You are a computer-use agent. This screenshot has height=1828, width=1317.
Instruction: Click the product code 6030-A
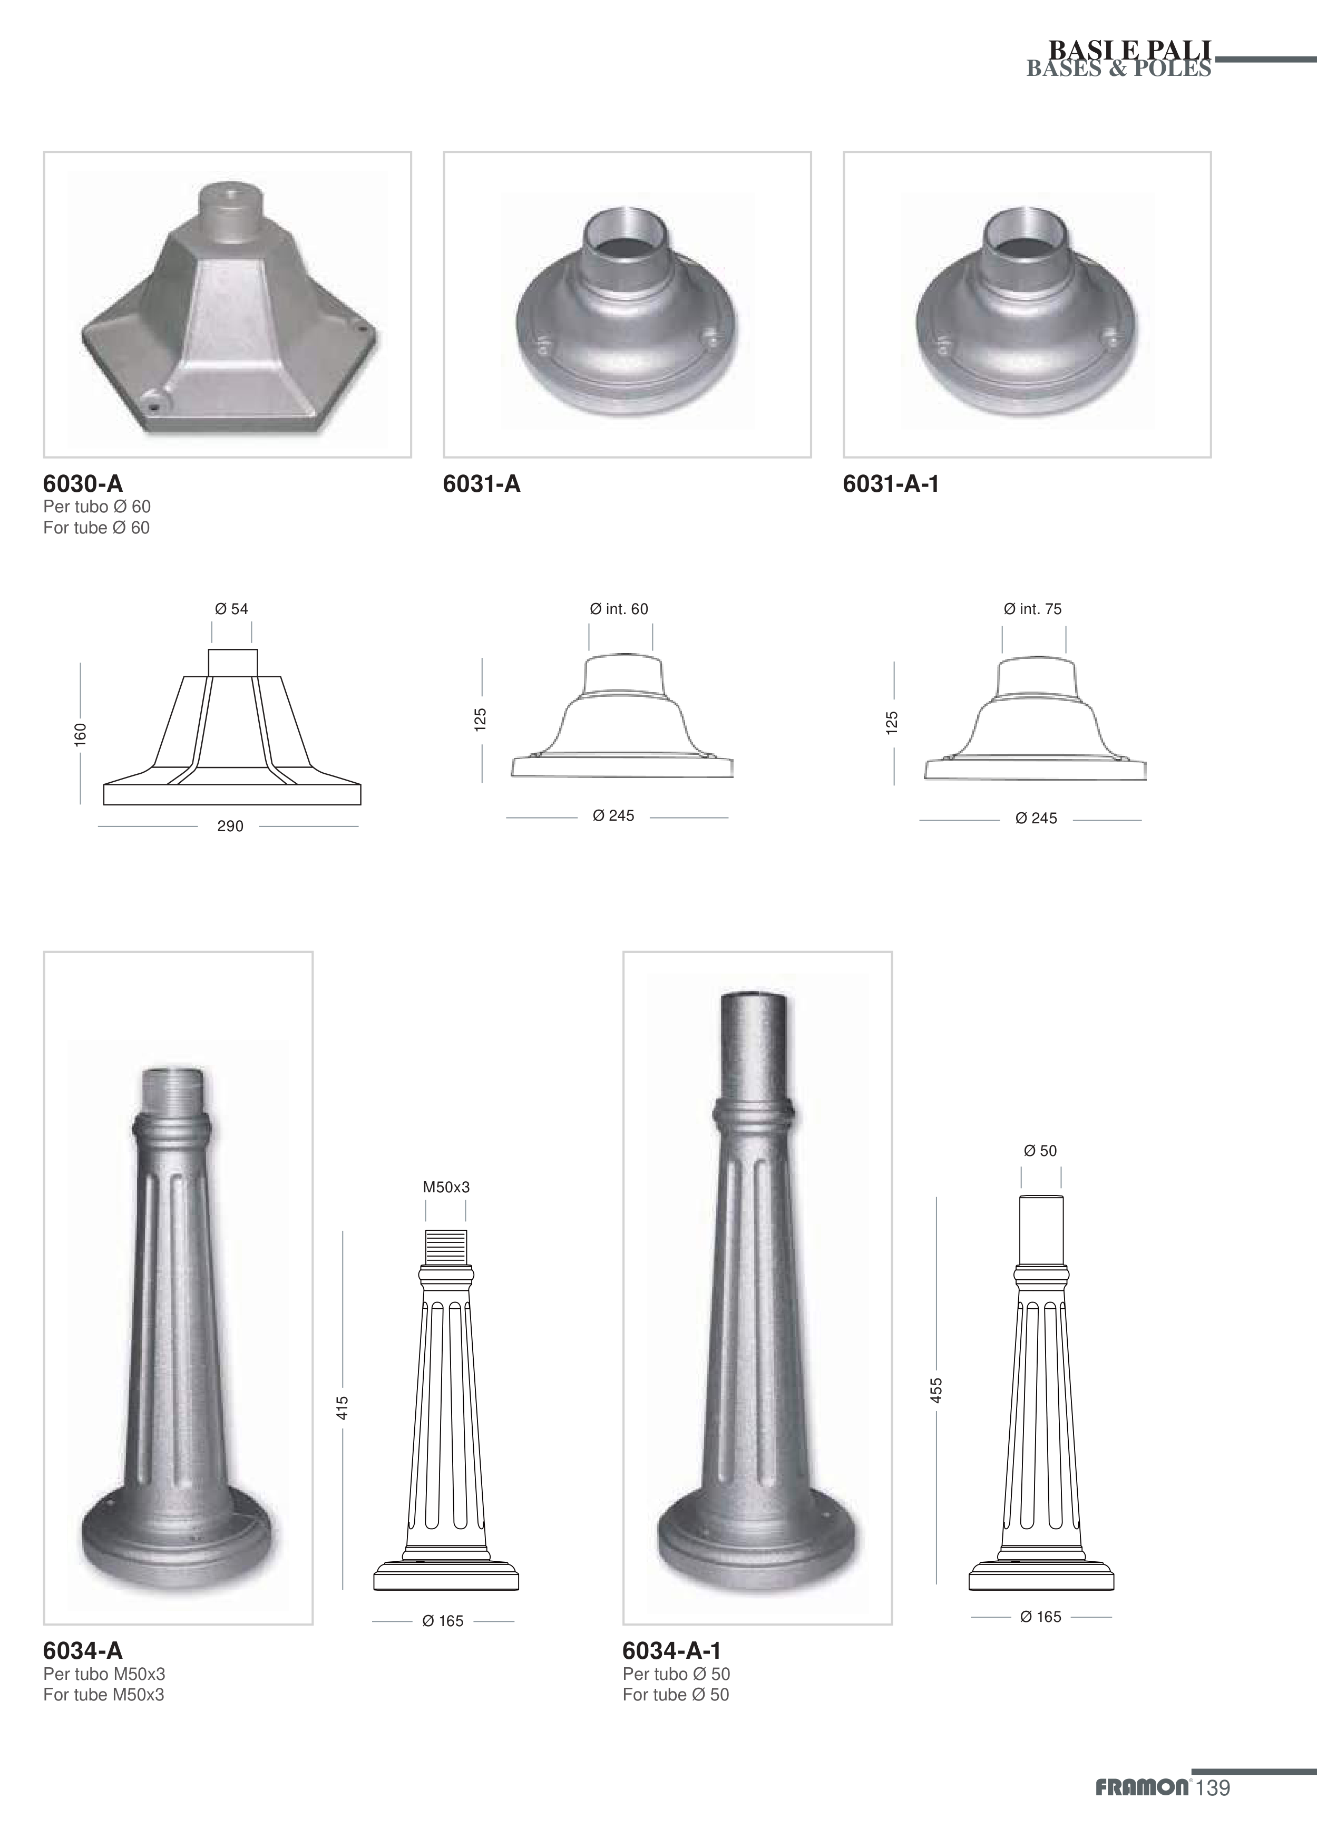click(x=83, y=483)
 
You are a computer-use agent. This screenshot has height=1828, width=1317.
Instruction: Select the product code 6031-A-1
click(x=891, y=483)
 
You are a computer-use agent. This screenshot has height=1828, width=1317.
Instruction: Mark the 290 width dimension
click(x=230, y=826)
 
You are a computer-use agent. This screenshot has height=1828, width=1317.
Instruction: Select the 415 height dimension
click(x=343, y=1408)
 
